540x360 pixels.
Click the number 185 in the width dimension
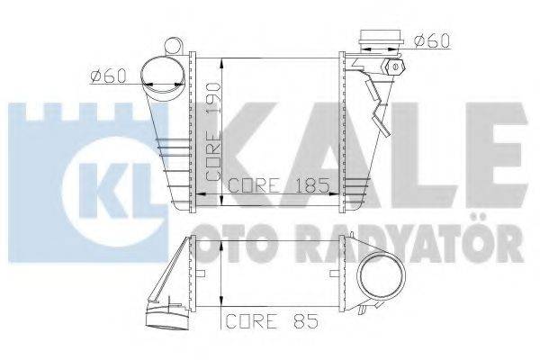(x=310, y=188)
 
